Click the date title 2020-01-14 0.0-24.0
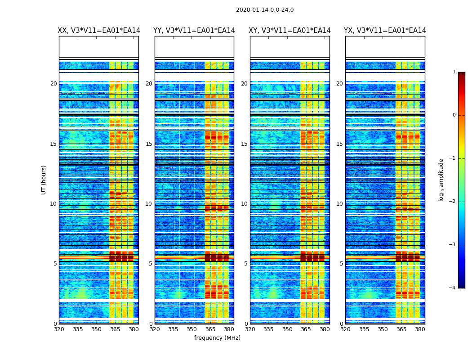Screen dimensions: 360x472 coord(265,10)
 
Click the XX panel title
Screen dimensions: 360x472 coord(99,31)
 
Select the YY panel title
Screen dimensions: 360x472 coord(194,31)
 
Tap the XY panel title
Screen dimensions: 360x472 coord(290,31)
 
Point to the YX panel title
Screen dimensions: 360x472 coord(385,31)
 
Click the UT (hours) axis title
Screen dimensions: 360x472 coord(44,180)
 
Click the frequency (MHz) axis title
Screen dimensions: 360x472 coord(217,338)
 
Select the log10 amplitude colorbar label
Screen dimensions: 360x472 coord(441,180)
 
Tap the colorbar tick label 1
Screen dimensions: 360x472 coord(454,72)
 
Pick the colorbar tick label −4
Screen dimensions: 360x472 coord(453,288)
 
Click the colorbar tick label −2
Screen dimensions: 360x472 coord(453,202)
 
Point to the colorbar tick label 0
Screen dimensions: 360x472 coord(454,115)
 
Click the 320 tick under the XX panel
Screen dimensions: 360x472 coord(59,329)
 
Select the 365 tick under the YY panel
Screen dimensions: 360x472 coord(210,329)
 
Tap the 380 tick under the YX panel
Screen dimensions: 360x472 coord(420,329)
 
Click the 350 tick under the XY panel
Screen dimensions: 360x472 coord(287,329)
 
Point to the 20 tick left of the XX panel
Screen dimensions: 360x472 coord(53,84)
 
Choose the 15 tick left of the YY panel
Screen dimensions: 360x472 coord(149,144)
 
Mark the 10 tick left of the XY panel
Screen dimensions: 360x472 coord(244,204)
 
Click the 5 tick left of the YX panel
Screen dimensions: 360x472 coord(341,264)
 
